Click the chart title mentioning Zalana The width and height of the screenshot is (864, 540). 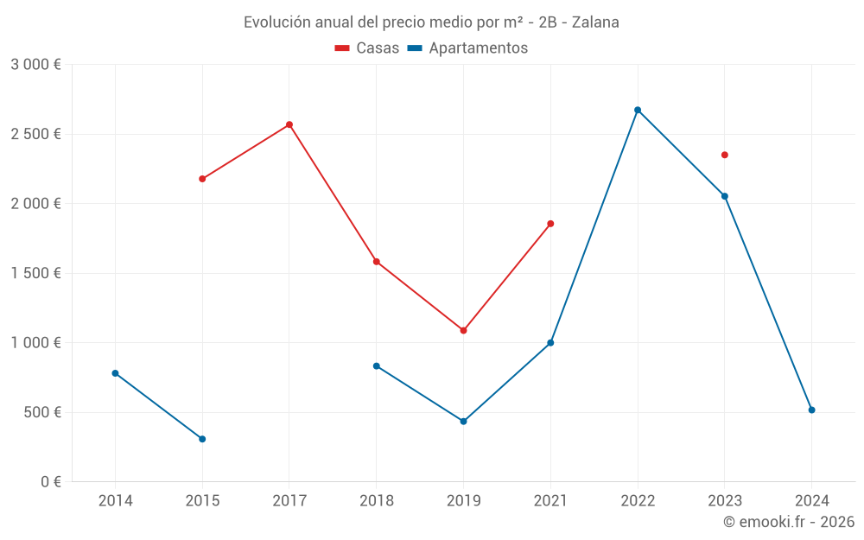(431, 22)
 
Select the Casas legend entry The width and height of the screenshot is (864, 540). (367, 48)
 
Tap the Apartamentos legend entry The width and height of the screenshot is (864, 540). (467, 48)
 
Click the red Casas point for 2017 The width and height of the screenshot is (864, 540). (289, 124)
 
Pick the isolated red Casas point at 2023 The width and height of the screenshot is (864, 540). (725, 155)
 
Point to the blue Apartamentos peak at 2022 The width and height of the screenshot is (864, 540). (638, 110)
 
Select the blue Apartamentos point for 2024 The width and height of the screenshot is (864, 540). (811, 410)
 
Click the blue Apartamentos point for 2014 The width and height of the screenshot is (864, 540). (115, 373)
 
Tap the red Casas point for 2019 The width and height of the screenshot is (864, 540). (463, 330)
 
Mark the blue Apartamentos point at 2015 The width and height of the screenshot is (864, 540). (202, 439)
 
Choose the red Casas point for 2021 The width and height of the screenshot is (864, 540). (550, 224)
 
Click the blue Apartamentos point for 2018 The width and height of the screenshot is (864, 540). (376, 365)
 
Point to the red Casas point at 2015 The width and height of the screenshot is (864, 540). (202, 179)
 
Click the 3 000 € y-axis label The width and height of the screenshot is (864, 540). (35, 65)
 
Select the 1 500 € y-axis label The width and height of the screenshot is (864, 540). (35, 273)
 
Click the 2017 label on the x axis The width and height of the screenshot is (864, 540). (289, 500)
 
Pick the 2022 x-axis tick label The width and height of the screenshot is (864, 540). (638, 500)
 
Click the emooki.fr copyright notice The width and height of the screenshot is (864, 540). (788, 522)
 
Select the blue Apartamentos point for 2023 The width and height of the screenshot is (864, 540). (725, 196)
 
